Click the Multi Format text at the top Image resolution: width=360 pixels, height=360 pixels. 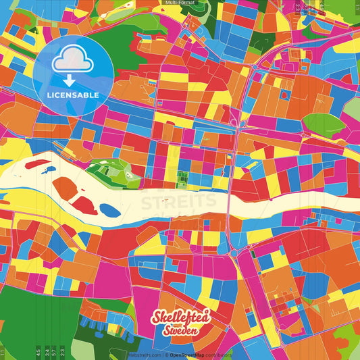[180, 3]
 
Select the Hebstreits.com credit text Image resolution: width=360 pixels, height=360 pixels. [143, 355]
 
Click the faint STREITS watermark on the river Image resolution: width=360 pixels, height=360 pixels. [180, 201]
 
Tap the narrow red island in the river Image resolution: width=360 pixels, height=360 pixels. [84, 204]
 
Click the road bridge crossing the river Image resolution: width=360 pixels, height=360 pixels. [230, 203]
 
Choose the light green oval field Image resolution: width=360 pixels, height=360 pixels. [322, 124]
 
